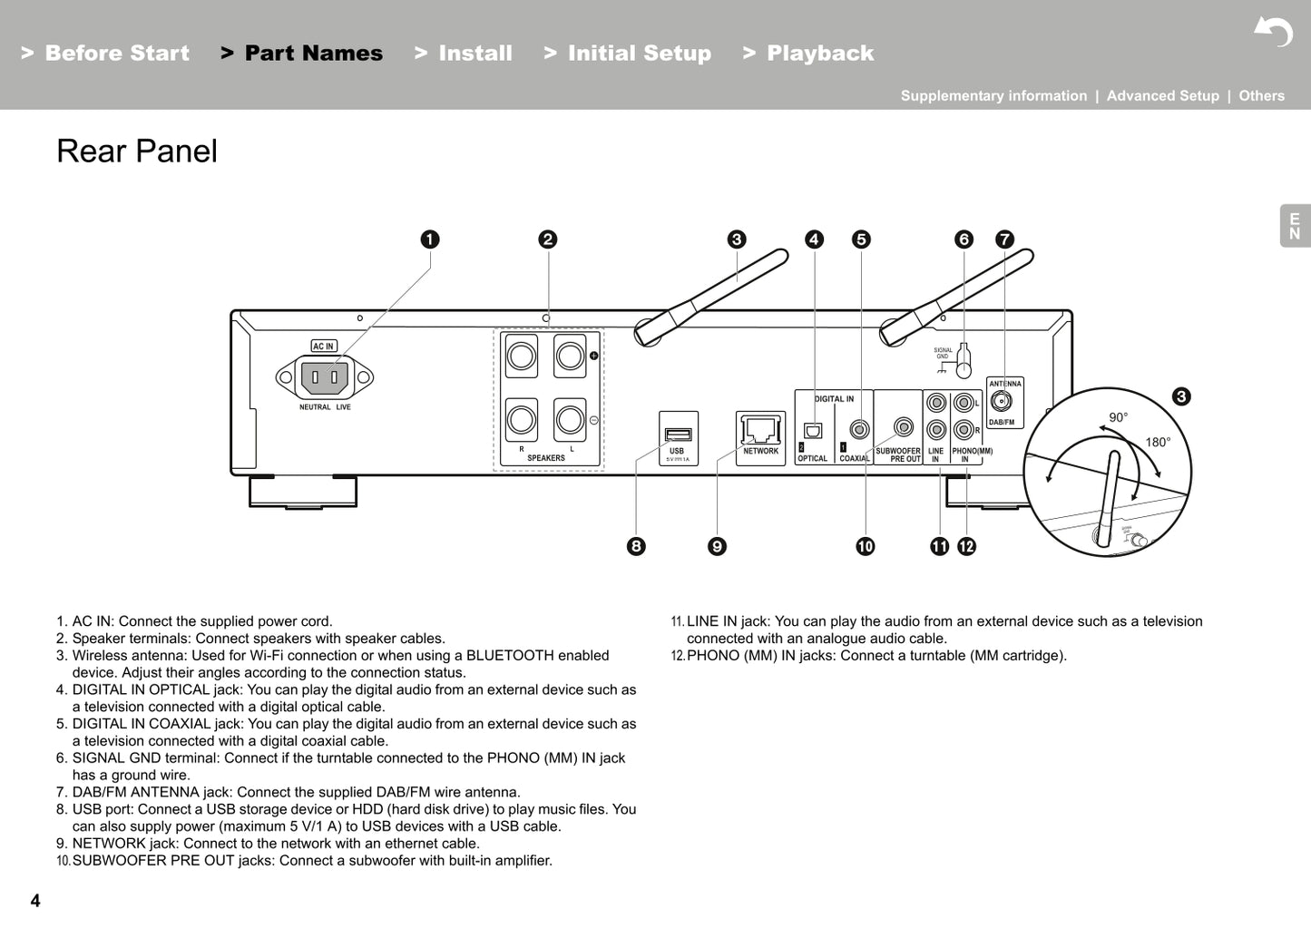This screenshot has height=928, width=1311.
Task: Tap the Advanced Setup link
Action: tap(1162, 96)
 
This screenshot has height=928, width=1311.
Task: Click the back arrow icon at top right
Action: tap(1273, 33)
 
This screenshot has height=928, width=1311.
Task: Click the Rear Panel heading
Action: tap(137, 151)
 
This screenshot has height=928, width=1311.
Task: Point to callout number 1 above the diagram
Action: tap(430, 239)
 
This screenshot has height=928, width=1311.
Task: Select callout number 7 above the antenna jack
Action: tap(1003, 239)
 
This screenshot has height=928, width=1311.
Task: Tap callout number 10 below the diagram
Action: tap(865, 546)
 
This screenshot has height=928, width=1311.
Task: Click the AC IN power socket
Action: tap(324, 376)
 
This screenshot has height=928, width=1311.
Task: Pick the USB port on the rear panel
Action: tap(678, 435)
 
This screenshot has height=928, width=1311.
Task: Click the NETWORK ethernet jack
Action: tap(760, 430)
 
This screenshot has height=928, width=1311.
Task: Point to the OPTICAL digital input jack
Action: tap(813, 430)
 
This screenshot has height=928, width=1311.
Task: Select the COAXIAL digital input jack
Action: tap(857, 429)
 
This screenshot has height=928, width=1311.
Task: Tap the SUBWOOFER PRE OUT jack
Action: tap(903, 426)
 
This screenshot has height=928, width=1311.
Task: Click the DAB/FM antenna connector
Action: tap(1001, 401)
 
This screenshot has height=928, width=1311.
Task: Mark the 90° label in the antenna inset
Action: tap(1118, 417)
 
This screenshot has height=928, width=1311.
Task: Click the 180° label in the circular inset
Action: tap(1157, 443)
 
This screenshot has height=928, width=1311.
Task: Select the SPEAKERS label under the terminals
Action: tap(546, 458)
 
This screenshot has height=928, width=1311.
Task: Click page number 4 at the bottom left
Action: tap(35, 901)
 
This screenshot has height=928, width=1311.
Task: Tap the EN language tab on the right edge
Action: tap(1295, 227)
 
